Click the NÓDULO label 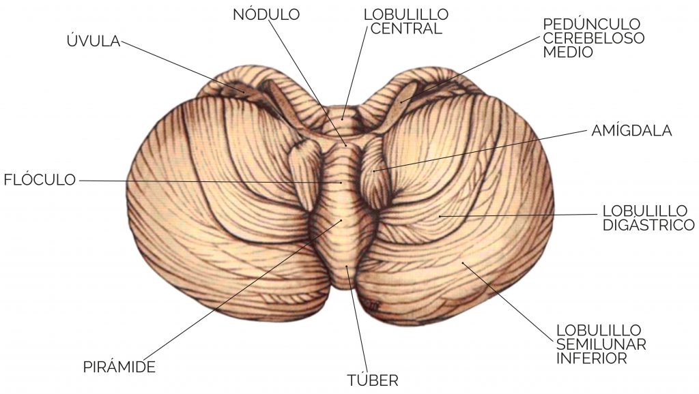point(266,14)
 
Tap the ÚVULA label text point(94,40)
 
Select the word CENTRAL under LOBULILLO point(406,29)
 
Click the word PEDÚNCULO point(592,24)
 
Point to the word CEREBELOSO point(594,38)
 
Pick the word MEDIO point(568,52)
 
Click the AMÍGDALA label point(631,130)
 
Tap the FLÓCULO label point(40,179)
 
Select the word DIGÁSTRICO point(648,225)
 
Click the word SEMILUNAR point(601,344)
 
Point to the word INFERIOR point(592,358)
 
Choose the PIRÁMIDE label point(119,367)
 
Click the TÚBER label point(373,380)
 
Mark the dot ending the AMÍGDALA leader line point(375,170)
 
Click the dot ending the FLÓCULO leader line point(341,183)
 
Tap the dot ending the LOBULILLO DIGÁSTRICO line point(440,216)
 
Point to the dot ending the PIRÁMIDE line point(341,220)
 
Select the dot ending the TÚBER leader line point(347,267)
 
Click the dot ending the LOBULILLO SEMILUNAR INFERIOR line point(463,263)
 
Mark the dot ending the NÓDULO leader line point(345,145)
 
